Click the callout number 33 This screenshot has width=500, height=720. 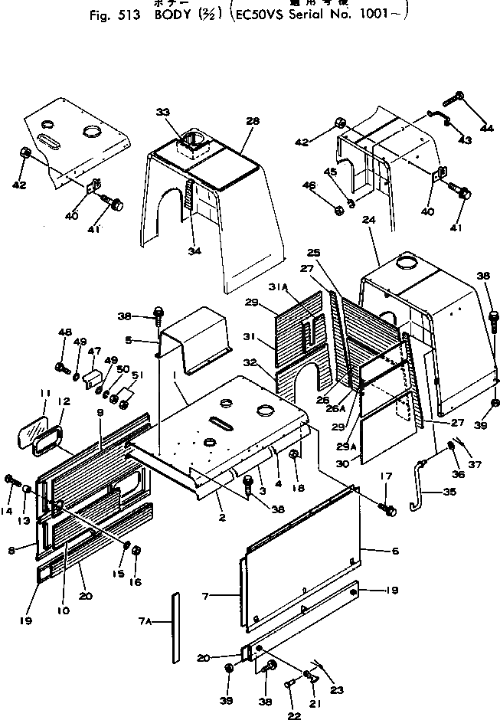(x=162, y=113)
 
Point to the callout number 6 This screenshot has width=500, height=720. (x=374, y=550)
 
